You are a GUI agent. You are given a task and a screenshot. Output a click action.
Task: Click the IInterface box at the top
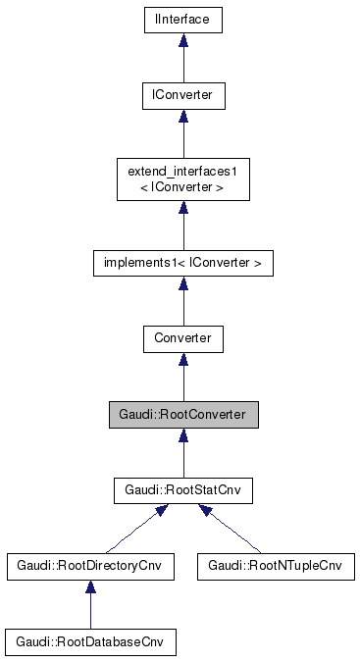[x=182, y=19]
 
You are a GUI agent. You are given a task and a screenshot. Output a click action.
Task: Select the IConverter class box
[x=182, y=95]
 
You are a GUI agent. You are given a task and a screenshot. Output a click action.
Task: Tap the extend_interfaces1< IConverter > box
[x=182, y=179]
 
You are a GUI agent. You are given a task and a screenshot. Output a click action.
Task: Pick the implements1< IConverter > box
[x=182, y=263]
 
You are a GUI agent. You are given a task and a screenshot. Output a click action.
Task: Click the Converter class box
[x=182, y=339]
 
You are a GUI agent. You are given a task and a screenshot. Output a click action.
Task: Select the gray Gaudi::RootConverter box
[x=182, y=415]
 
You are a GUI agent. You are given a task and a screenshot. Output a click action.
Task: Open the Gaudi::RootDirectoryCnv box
[x=90, y=567]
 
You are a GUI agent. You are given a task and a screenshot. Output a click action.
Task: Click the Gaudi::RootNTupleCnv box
[x=275, y=567]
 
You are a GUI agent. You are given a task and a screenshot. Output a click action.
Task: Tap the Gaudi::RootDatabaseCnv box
[x=90, y=642]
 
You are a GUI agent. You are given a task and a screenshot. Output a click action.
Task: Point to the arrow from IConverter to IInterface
[x=182, y=61]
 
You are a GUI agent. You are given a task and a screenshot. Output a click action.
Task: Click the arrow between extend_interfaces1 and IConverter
[x=182, y=135]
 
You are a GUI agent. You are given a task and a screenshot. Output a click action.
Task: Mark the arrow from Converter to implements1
[x=182, y=305]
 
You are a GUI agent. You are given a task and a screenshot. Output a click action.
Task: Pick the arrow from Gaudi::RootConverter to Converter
[x=182, y=381]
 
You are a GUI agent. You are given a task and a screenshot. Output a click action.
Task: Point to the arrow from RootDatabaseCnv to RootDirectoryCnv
[x=90, y=608]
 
